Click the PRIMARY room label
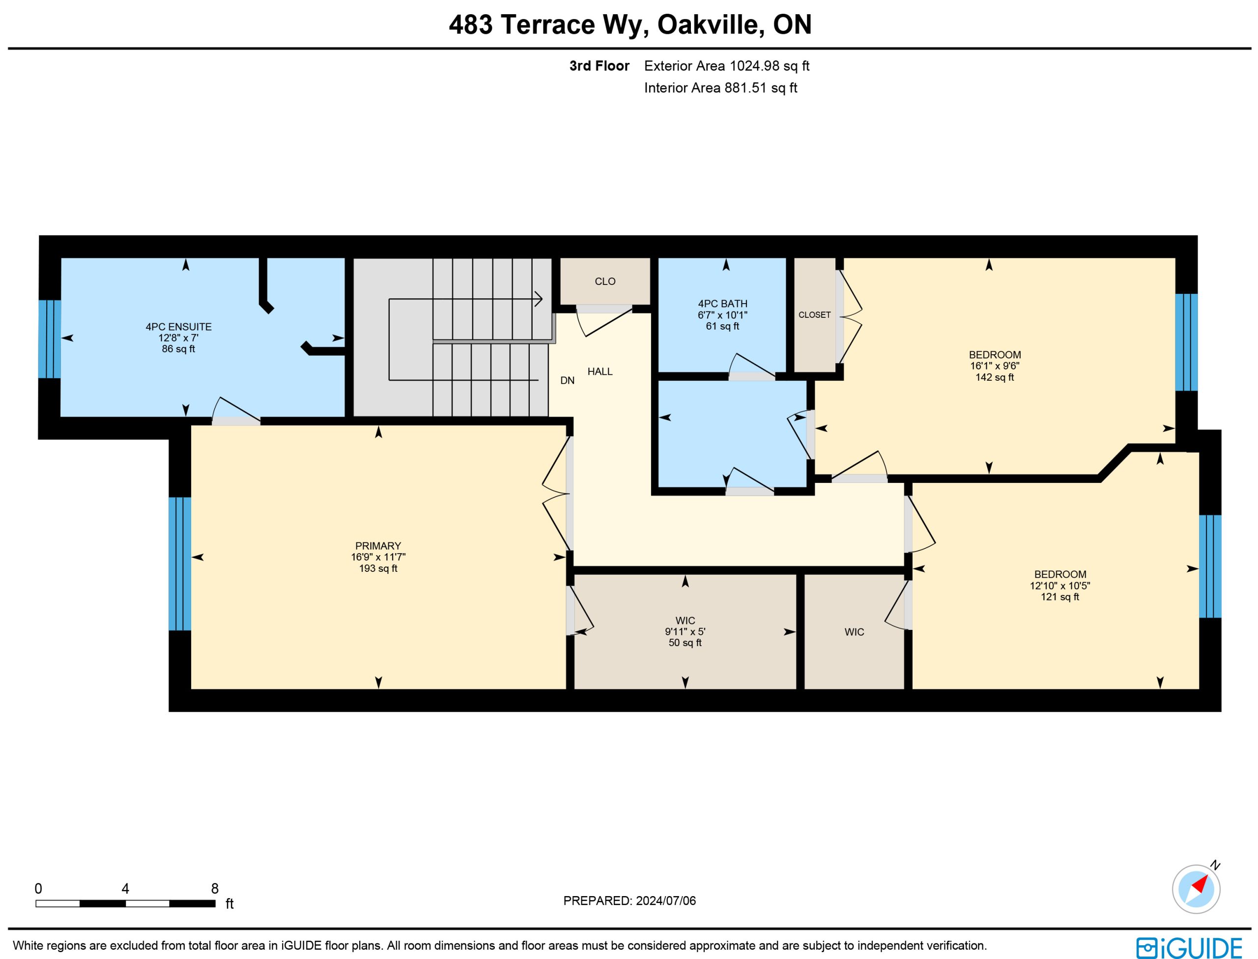[378, 546]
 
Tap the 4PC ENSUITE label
[178, 327]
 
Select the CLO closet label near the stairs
[605, 282]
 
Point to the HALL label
[600, 371]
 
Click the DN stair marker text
[567, 381]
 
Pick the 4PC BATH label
[722, 304]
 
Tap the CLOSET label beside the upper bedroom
[814, 315]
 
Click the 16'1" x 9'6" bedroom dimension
[994, 366]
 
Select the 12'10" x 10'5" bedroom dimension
[1059, 586]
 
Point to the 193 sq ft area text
[378, 568]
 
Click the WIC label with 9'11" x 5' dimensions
[685, 621]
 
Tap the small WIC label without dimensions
[854, 632]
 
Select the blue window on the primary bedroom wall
[180, 564]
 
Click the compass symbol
[1196, 889]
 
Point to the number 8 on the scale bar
[215, 889]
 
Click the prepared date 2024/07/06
[666, 901]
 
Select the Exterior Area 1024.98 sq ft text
[726, 66]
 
